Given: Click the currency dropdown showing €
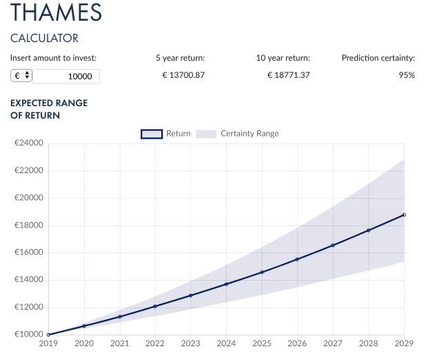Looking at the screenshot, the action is pos(21,75).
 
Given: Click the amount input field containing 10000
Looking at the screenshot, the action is pos(66,77).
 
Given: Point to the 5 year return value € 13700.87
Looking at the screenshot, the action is pos(183,75).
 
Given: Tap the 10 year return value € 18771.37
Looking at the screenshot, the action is pos(288,75).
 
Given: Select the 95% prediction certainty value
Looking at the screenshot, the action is pos(407,75).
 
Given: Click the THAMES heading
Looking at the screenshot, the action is pos(56,12).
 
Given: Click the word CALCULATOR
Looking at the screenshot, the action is pos(44,38).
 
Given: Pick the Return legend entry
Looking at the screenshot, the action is pos(165,134).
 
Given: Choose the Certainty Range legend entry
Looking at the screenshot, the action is pos(237,134).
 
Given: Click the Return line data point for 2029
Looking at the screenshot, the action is pos(404,214).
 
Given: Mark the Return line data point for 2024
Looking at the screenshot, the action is pos(226,284).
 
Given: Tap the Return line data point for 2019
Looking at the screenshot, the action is pos(48,334).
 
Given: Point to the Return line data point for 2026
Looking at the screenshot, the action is pos(297,259).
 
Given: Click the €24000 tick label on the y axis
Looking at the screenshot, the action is pos(29,143).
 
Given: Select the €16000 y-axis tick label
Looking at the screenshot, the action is pos(29,252).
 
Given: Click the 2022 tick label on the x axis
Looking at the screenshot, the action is pos(155,343).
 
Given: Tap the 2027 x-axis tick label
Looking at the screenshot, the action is pos(333,343).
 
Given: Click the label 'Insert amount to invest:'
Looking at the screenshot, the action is pos(53,58).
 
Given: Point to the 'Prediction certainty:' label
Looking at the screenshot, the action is pos(378,58).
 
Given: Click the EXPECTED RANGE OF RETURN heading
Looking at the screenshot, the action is pos(49,109).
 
